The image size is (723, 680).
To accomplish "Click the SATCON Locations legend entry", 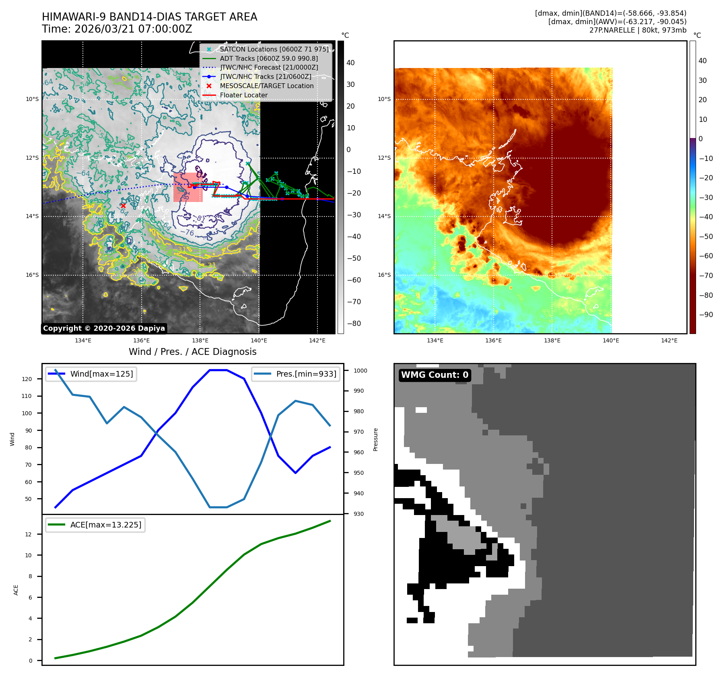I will pyautogui.click(x=274, y=49).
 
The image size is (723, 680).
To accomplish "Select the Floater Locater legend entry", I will pyautogui.click(x=243, y=95).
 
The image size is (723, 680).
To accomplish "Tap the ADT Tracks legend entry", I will pyautogui.click(x=269, y=58).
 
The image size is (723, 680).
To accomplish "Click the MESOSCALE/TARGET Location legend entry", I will pyautogui.click(x=266, y=86).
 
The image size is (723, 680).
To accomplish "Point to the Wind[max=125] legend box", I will pyautogui.click(x=91, y=374).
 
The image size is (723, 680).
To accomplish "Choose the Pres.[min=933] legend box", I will pyautogui.click(x=296, y=374).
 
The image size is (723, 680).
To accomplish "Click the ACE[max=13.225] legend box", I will pyautogui.click(x=95, y=525).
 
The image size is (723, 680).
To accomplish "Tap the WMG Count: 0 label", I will pyautogui.click(x=435, y=375).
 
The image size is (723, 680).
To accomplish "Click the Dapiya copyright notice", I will pyautogui.click(x=104, y=328).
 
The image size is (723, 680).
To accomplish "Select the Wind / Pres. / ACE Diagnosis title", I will pyautogui.click(x=192, y=352).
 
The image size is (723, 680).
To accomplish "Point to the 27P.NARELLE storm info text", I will pyautogui.click(x=638, y=30).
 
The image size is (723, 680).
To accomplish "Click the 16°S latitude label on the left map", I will pyautogui.click(x=33, y=275).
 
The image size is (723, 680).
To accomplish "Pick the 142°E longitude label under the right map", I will pyautogui.click(x=669, y=340).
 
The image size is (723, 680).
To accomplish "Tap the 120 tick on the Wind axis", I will pyautogui.click(x=27, y=379).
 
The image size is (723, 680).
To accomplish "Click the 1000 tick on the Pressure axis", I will pyautogui.click(x=360, y=371).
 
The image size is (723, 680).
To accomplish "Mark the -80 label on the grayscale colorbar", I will pyautogui.click(x=354, y=324).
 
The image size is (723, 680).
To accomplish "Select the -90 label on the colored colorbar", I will pyautogui.click(x=706, y=315).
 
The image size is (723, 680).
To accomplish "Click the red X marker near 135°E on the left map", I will pyautogui.click(x=123, y=206).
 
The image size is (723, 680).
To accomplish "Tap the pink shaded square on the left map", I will pyautogui.click(x=187, y=188).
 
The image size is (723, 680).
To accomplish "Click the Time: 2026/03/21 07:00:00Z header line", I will pyautogui.click(x=117, y=29).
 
